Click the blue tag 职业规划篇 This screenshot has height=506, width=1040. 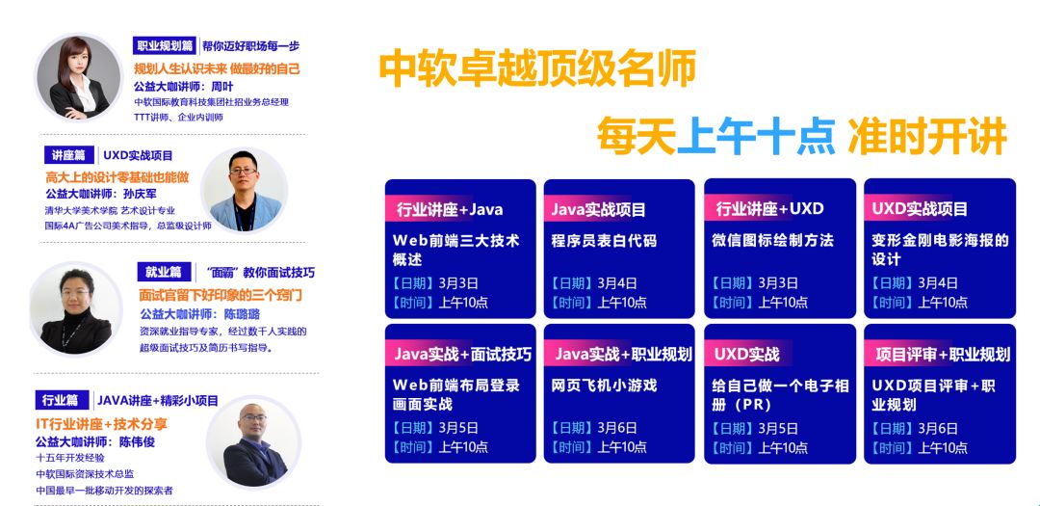tap(164, 46)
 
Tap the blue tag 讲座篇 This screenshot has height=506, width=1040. tap(69, 155)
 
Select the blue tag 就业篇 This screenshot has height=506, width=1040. tap(163, 272)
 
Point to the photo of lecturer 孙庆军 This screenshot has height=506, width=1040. tap(244, 190)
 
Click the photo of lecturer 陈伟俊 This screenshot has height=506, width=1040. tap(254, 442)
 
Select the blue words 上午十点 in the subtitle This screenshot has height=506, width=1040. tap(756, 136)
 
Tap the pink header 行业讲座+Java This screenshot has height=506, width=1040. tap(450, 210)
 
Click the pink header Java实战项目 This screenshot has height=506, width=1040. tap(598, 210)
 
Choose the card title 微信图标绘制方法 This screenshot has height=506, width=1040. tap(772, 240)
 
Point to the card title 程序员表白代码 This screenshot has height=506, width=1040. tap(604, 240)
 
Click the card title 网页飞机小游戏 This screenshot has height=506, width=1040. tap(604, 386)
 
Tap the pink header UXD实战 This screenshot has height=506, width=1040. tap(746, 355)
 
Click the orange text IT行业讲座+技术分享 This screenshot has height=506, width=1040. tap(102, 424)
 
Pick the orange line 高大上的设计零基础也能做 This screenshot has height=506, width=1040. tap(117, 177)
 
